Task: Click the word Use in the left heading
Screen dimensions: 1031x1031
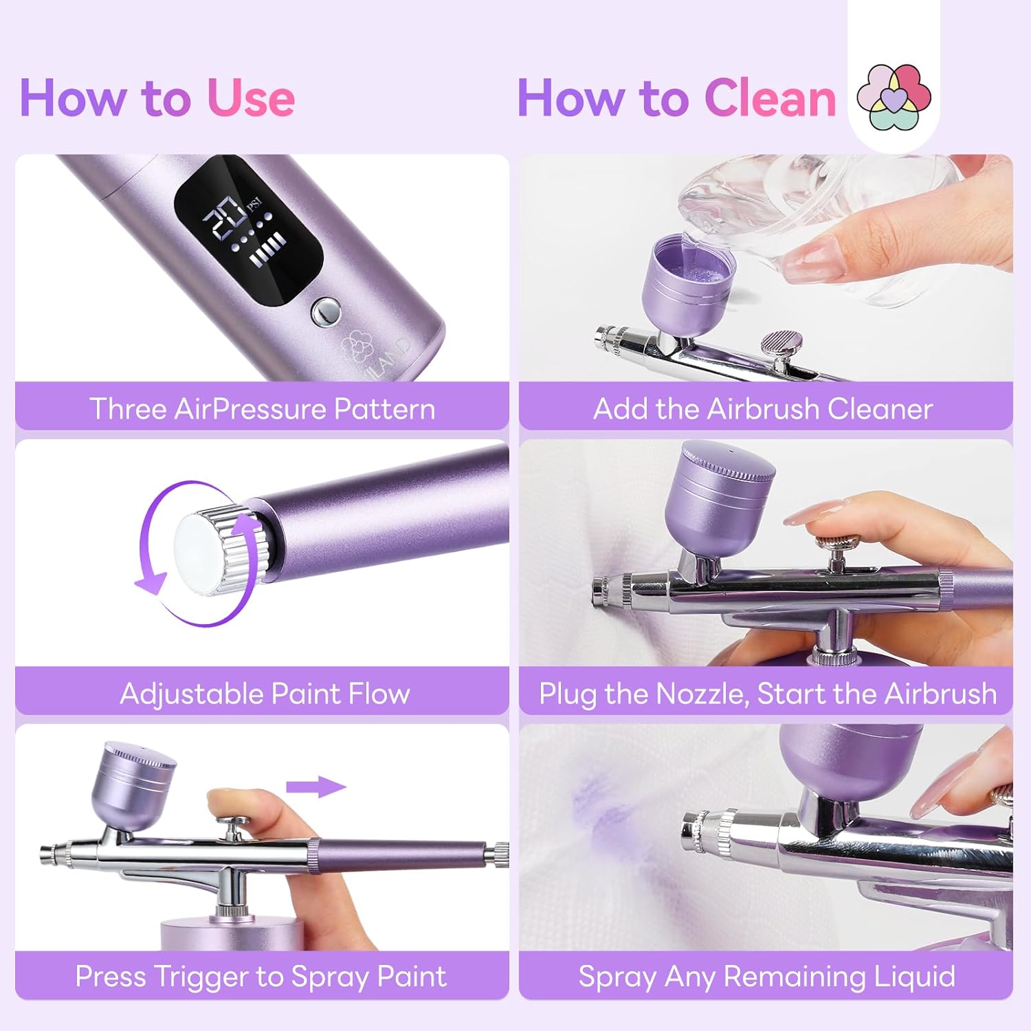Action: click(x=251, y=98)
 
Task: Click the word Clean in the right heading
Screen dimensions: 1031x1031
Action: click(x=770, y=98)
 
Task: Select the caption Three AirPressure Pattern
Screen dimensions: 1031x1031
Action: click(x=262, y=408)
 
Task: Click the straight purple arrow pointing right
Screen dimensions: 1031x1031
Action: click(x=315, y=787)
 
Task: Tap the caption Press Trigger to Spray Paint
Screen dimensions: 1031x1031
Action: click(x=261, y=976)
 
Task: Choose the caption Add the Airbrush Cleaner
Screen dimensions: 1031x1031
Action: click(x=763, y=408)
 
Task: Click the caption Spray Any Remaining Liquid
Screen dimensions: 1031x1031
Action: click(x=766, y=976)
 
